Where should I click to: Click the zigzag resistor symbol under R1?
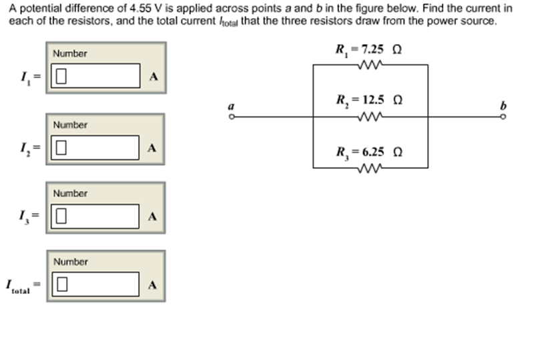pyautogui.click(x=369, y=65)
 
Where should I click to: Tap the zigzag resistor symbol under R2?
pyautogui.click(x=369, y=117)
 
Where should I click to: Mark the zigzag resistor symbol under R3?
pyautogui.click(x=369, y=168)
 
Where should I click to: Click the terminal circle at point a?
pyautogui.click(x=232, y=118)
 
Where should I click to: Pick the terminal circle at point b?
pyautogui.click(x=504, y=118)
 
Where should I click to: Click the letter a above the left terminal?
pyautogui.click(x=231, y=106)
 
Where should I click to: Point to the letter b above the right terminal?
pyautogui.click(x=503, y=106)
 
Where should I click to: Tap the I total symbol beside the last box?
pyautogui.click(x=18, y=287)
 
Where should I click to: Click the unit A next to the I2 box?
pyautogui.click(x=153, y=148)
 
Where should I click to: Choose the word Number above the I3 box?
pyautogui.click(x=70, y=194)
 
